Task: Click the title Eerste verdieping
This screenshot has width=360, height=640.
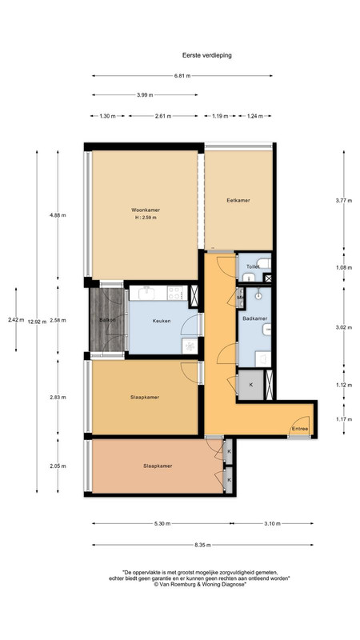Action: [x=207, y=55]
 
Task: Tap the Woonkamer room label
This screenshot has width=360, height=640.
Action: [x=146, y=210]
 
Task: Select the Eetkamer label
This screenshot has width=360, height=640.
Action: [x=238, y=201]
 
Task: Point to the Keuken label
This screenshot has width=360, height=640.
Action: [x=162, y=321]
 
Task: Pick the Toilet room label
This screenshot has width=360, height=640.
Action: [x=253, y=266]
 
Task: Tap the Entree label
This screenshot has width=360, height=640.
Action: [x=300, y=429]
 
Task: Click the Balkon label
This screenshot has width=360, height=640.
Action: [x=107, y=320]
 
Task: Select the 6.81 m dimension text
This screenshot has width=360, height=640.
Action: [x=182, y=75]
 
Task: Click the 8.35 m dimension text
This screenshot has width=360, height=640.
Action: [x=202, y=545]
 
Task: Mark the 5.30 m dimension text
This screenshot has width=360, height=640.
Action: [x=162, y=523]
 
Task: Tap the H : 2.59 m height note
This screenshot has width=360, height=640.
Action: [x=146, y=218]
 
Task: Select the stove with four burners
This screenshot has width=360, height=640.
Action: [x=176, y=293]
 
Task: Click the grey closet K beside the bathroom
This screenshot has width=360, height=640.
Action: [x=250, y=385]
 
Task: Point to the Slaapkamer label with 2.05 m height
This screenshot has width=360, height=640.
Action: [x=158, y=466]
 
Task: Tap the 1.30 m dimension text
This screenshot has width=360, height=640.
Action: [x=107, y=116]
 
